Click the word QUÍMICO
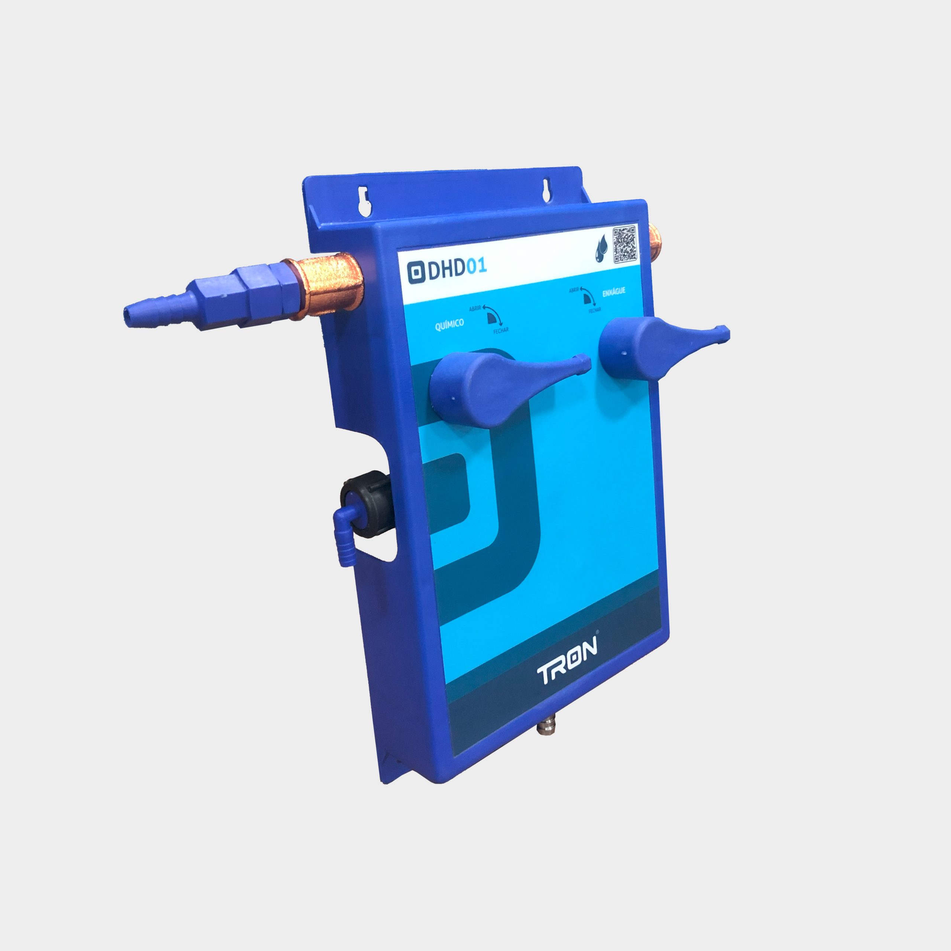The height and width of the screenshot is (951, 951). click(x=449, y=325)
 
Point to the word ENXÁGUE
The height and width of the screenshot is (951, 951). click(x=614, y=292)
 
